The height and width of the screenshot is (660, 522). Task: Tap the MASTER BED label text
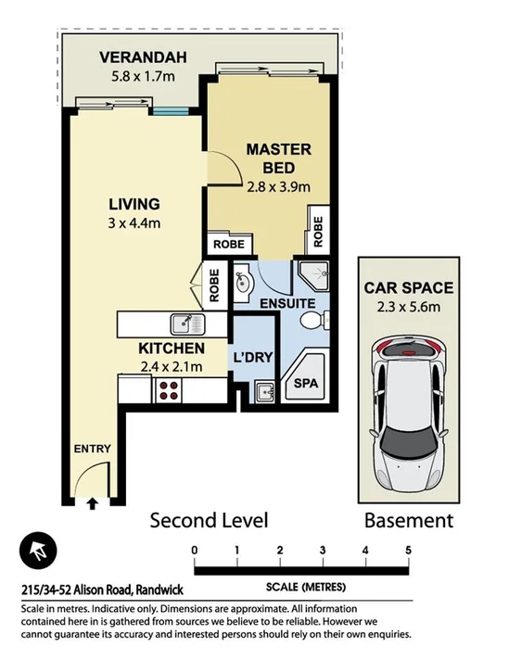(x=278, y=159)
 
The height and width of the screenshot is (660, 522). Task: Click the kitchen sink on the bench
(x=185, y=324)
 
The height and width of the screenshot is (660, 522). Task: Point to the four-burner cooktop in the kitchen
(x=169, y=390)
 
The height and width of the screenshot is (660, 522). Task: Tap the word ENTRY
(x=92, y=450)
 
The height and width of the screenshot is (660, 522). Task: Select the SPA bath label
(x=303, y=383)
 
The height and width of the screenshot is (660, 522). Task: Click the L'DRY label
(x=251, y=357)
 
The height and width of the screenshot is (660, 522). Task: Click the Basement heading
(x=408, y=520)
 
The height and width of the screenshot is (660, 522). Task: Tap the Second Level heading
(x=209, y=520)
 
